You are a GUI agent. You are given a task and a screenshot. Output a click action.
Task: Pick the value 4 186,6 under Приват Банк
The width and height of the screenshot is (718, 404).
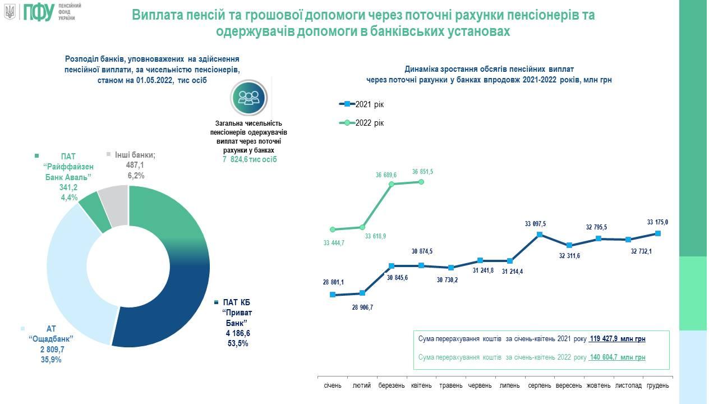tap(234, 333)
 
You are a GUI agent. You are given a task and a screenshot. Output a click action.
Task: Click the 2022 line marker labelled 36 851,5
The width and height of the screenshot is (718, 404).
tap(422, 181)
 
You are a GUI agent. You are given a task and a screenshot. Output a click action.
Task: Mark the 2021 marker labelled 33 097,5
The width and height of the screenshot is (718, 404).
tap(539, 235)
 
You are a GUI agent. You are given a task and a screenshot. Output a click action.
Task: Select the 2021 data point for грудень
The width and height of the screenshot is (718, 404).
tap(657, 233)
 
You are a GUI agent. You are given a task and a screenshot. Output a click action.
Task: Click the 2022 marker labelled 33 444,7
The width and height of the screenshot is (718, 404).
tap(333, 229)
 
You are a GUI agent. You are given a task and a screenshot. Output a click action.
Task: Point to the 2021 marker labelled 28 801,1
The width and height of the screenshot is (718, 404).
tap(333, 295)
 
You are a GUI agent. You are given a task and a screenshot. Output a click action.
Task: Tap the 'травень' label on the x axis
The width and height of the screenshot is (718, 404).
tap(451, 386)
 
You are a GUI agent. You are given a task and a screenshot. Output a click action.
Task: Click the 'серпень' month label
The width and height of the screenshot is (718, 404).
tap(539, 386)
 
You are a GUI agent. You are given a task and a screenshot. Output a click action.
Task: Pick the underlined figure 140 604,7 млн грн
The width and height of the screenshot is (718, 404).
tap(618, 357)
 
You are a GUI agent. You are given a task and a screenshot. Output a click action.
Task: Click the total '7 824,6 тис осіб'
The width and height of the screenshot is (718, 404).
tap(250, 159)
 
